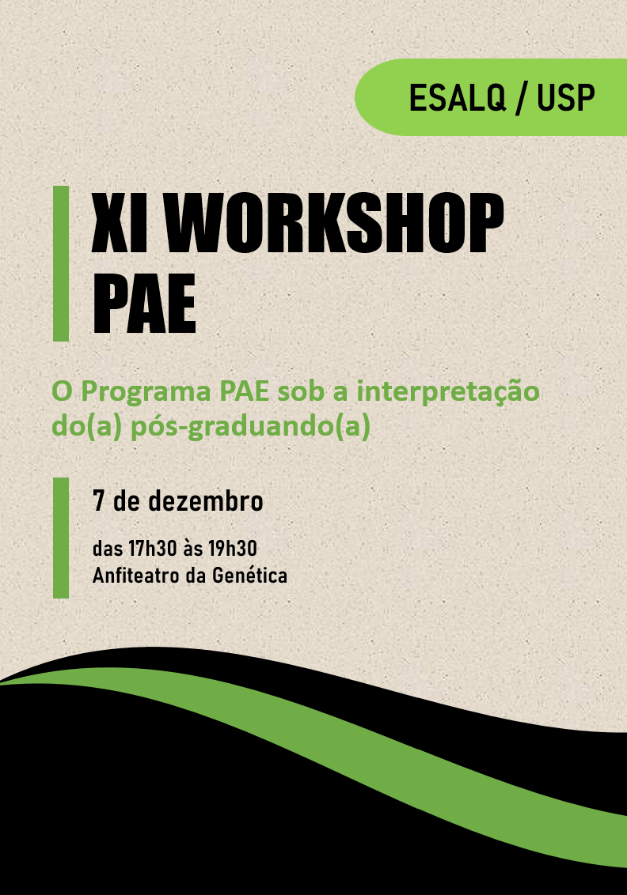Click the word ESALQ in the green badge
458,97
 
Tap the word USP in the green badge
566,97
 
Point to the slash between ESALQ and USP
521,98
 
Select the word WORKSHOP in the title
334,223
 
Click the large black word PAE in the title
144,303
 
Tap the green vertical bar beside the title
61,264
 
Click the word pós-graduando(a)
250,428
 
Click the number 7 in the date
98,500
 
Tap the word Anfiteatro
136,576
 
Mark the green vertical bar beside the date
61,538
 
